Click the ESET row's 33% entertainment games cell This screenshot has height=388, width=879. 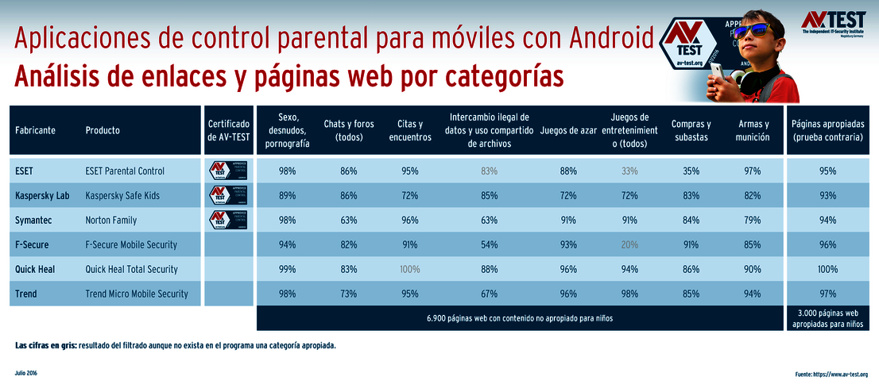coord(629,171)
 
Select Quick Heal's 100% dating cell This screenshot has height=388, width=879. coord(410,269)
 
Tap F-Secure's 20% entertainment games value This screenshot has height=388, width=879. coord(629,244)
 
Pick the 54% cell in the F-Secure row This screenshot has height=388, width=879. coord(489,244)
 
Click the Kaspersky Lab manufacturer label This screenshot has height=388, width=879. coord(42,195)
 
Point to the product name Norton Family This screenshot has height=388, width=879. coord(111,220)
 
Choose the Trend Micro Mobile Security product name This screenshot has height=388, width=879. coord(137,294)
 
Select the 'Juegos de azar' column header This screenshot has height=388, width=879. coord(568,130)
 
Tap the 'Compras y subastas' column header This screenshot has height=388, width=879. coord(691,130)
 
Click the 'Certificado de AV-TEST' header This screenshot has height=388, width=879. coord(229,130)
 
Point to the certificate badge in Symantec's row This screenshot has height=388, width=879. coord(229,220)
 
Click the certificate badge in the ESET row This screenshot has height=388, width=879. coord(229,171)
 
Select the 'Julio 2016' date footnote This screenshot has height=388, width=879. coord(26,372)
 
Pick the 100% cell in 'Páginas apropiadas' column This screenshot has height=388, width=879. coord(827,269)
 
